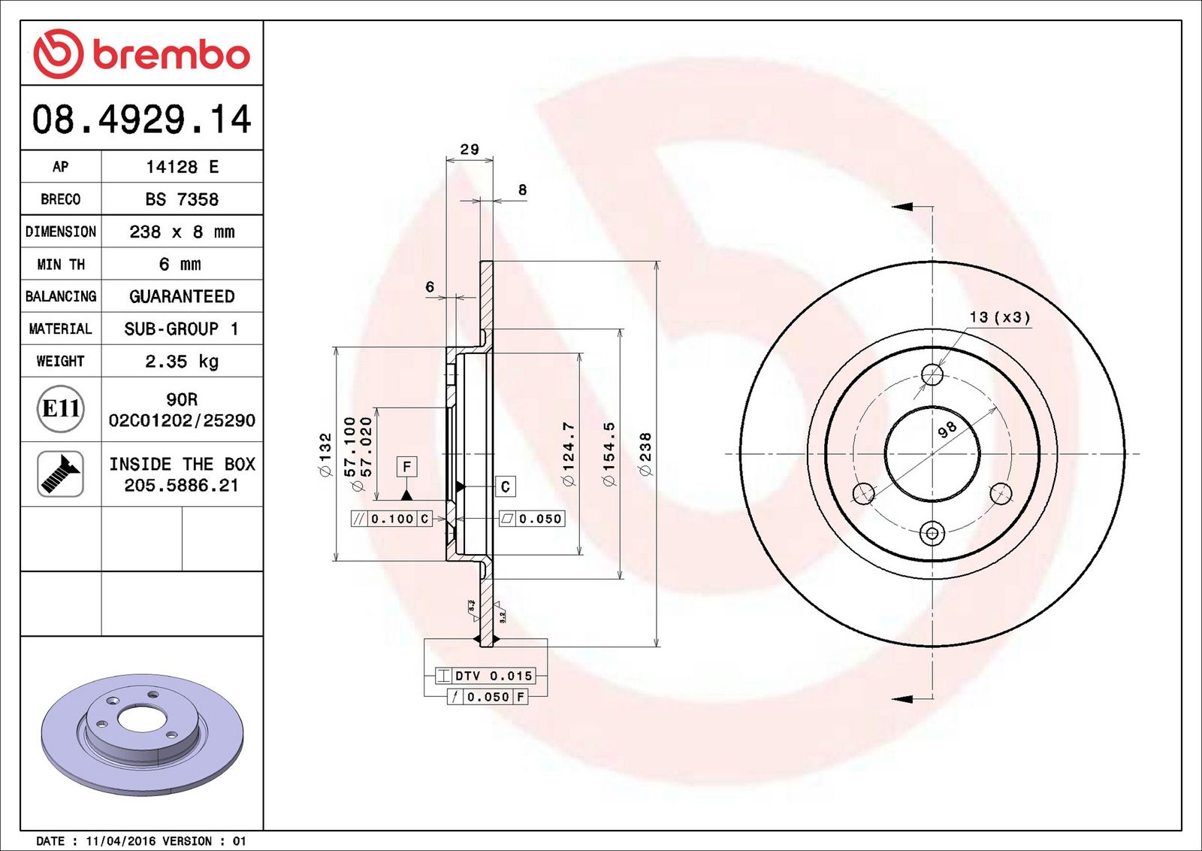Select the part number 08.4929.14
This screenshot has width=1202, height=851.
coord(142,120)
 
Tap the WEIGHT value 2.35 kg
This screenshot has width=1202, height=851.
coord(182,362)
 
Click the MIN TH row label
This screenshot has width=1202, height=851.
coord(61,264)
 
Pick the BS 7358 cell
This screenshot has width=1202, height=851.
coord(182,199)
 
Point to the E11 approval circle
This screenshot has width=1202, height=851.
coord(61,409)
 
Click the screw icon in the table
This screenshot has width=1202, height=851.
coord(60,474)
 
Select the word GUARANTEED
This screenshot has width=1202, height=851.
coord(182,296)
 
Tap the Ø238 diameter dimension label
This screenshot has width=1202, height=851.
coord(645,454)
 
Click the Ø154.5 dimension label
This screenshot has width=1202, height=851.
coord(609,454)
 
